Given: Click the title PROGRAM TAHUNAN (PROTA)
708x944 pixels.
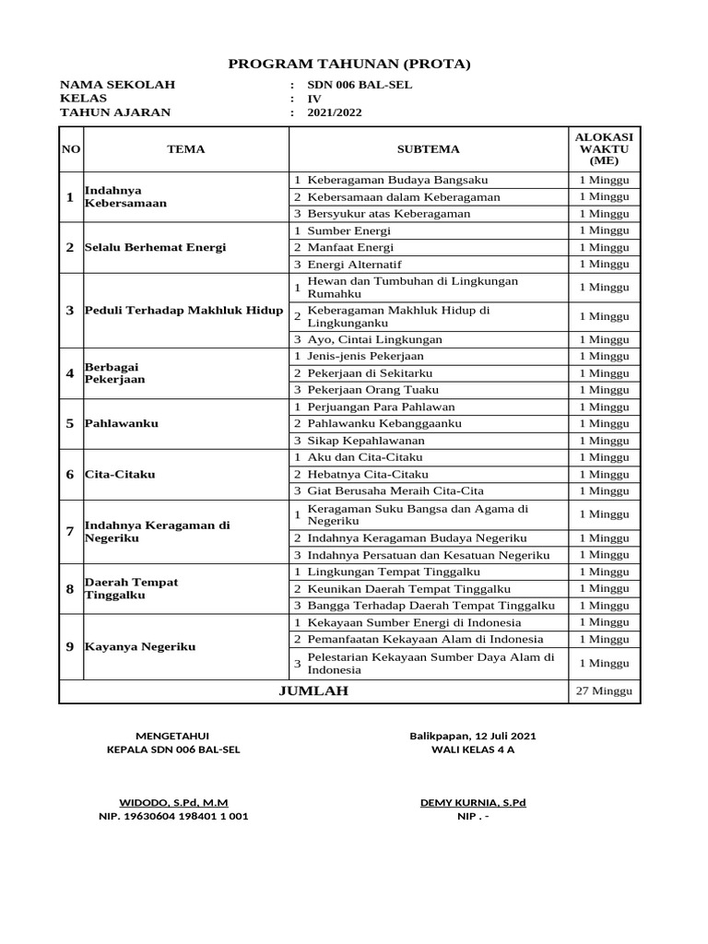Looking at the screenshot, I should click(349, 64).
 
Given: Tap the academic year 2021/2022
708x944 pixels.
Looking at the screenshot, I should click(335, 112).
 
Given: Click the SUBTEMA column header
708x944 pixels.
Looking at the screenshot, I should click(428, 148).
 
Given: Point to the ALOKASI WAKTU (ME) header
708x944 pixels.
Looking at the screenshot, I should click(604, 148).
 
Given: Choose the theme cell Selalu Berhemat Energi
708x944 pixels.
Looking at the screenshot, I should click(155, 247).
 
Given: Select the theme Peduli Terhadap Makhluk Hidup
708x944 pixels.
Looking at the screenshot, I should click(183, 310).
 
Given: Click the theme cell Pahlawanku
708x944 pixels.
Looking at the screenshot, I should click(122, 423).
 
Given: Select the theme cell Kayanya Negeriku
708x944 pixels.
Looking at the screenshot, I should click(140, 647).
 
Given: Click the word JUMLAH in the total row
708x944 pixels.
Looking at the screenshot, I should click(313, 690).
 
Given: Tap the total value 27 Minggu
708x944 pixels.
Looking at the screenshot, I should click(604, 691).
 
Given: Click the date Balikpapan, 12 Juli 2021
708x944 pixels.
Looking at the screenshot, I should click(473, 736).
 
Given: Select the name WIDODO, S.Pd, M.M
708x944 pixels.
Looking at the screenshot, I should click(173, 802).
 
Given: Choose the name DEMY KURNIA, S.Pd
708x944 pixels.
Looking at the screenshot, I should click(473, 802).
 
